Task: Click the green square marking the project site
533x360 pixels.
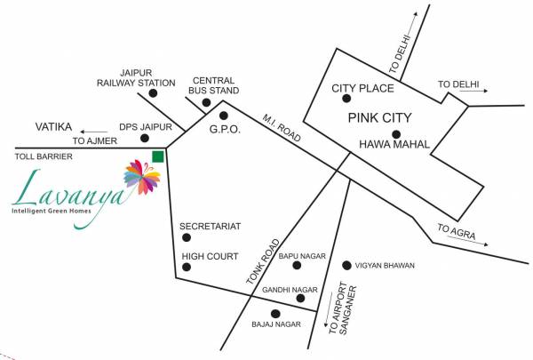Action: pyautogui.click(x=157, y=157)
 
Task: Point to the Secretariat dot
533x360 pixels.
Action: pyautogui.click(x=186, y=241)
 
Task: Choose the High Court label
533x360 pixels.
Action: pyautogui.click(x=210, y=257)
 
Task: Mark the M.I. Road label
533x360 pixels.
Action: pyautogui.click(x=282, y=123)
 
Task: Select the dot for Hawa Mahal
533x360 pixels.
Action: pyautogui.click(x=395, y=133)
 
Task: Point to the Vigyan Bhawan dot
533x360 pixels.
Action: pyautogui.click(x=347, y=265)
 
